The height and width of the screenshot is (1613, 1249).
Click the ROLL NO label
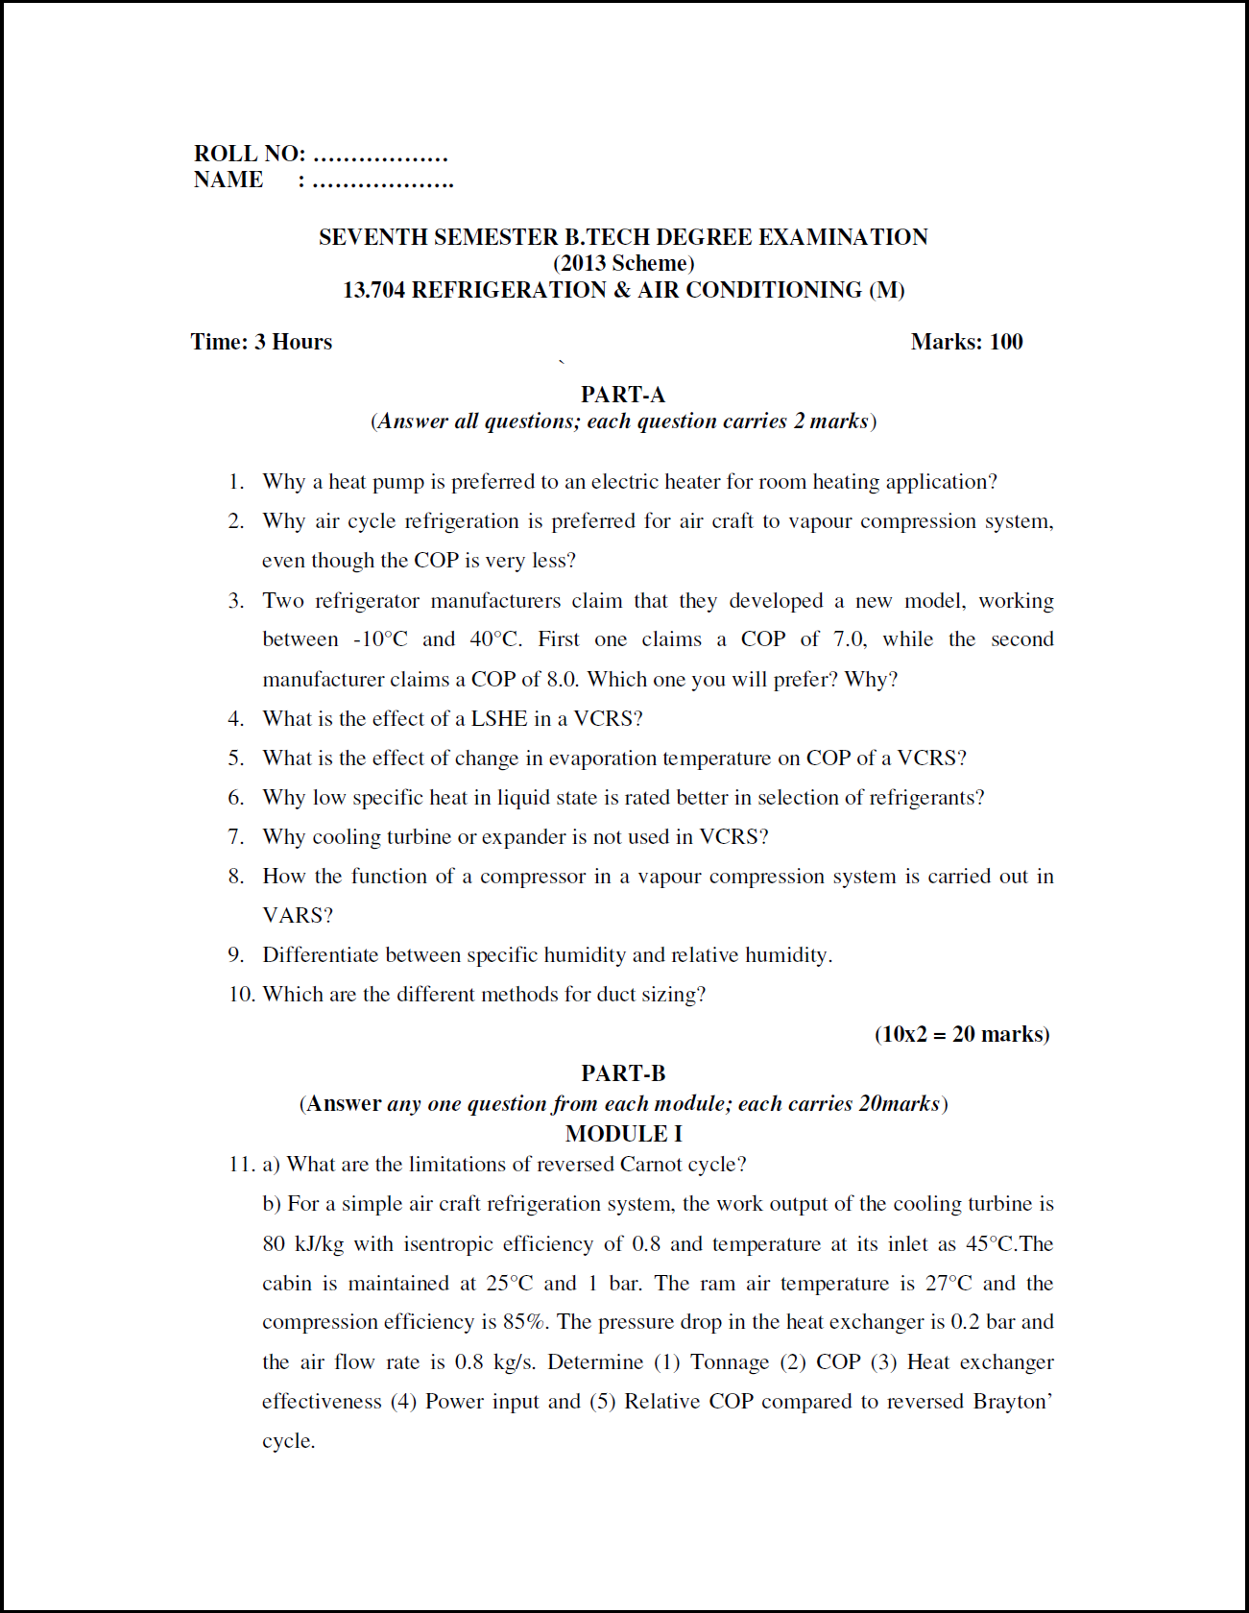(250, 154)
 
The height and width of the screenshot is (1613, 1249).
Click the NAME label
(228, 180)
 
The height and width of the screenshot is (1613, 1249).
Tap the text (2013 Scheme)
(623, 263)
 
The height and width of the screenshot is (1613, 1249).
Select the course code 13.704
(373, 290)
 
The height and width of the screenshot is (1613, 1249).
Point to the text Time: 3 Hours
(261, 342)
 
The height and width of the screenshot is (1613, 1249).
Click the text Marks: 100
(966, 342)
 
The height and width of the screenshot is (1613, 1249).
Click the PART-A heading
(622, 395)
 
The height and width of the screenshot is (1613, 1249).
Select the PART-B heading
(622, 1073)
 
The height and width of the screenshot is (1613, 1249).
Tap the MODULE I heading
(623, 1134)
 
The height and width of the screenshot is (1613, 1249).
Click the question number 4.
(235, 719)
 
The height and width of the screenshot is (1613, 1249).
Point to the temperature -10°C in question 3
(380, 639)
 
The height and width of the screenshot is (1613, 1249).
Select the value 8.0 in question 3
(561, 680)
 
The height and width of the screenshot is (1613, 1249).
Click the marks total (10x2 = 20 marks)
(961, 1034)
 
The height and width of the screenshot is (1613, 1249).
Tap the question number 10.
(241, 995)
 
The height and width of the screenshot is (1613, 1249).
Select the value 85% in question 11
(526, 1322)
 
